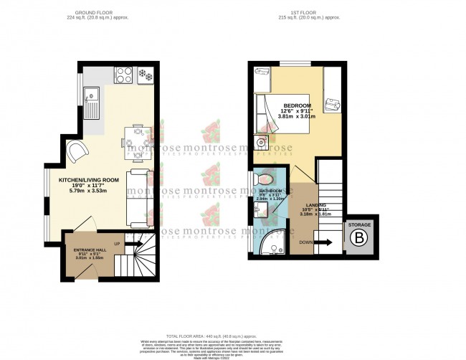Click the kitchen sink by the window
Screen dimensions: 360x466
pyautogui.click(x=92, y=102)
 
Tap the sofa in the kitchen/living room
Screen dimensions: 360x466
pyautogui.click(x=138, y=197)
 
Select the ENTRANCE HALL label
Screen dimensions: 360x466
pyautogui.click(x=88, y=250)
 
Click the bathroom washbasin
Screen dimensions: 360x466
pyautogui.click(x=259, y=210)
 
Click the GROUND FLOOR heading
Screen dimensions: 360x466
pyautogui.click(x=101, y=12)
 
